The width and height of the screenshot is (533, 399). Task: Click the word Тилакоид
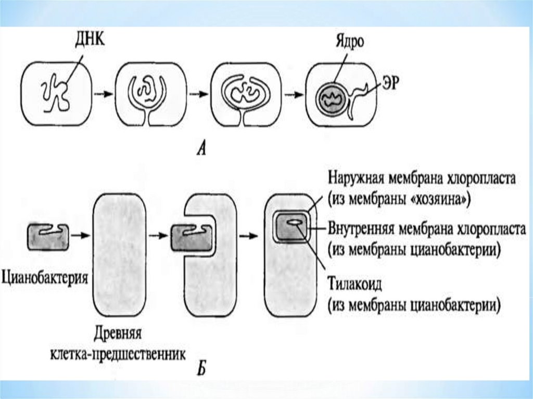pyautogui.click(x=356, y=285)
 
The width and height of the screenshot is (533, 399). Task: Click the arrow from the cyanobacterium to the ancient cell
pyautogui.click(x=79, y=235)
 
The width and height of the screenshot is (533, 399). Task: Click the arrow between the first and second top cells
pyautogui.click(x=103, y=95)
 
